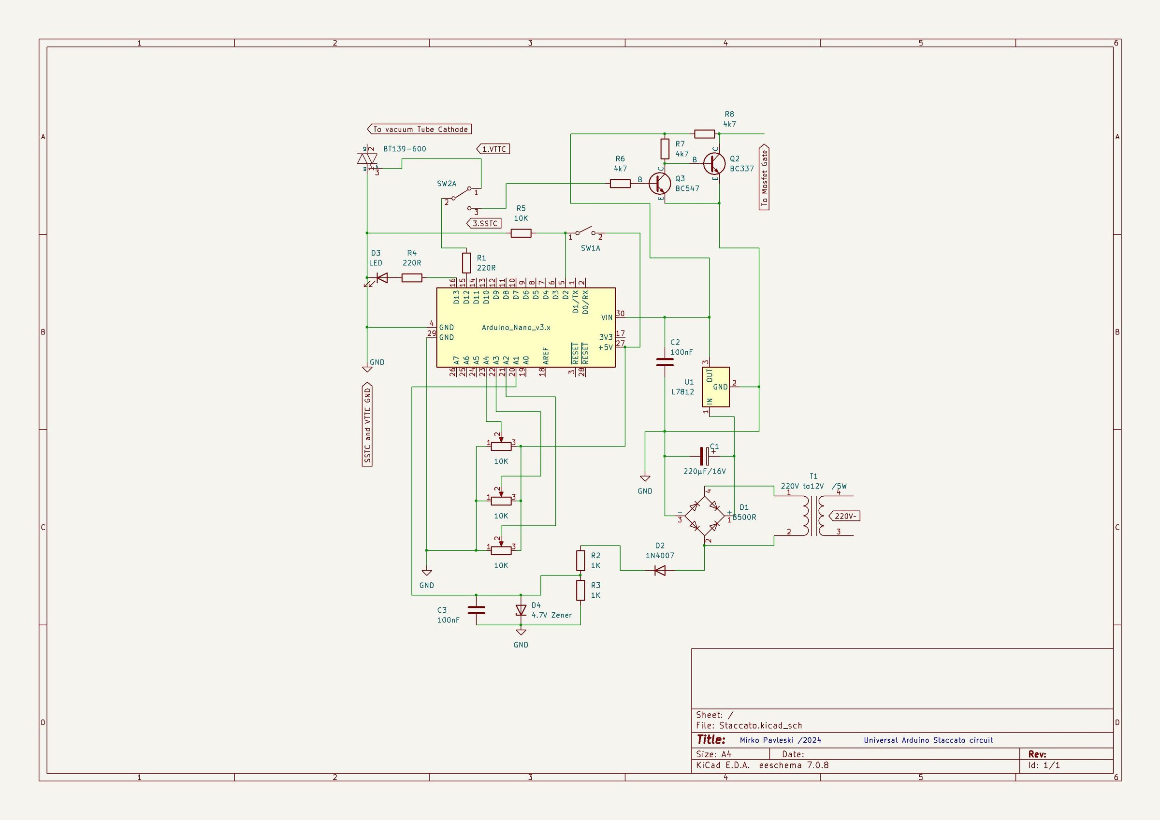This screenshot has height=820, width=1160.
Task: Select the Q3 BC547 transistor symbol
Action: [660, 184]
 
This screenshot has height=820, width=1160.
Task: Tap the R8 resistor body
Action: [704, 134]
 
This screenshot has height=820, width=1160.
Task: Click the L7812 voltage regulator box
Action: [716, 387]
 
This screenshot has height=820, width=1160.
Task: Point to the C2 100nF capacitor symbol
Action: [665, 362]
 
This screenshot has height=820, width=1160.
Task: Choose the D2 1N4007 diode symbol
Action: [659, 570]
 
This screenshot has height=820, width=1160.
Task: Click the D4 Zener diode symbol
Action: [521, 610]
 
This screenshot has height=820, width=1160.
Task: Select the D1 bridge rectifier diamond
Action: [704, 516]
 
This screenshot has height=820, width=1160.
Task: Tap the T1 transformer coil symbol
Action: [813, 516]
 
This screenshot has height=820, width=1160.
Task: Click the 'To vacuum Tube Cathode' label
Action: [420, 129]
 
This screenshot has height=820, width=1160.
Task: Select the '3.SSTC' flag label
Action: [484, 223]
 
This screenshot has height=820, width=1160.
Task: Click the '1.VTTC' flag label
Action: [493, 149]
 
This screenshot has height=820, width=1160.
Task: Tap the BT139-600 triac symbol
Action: [367, 159]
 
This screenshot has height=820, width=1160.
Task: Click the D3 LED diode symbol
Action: [381, 278]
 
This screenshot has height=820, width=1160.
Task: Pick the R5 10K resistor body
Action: [521, 233]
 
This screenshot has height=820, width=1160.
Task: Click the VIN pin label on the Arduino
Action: [606, 318]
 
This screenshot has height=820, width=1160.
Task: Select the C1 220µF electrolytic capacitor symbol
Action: [704, 456]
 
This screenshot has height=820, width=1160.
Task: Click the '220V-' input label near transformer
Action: [844, 517]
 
